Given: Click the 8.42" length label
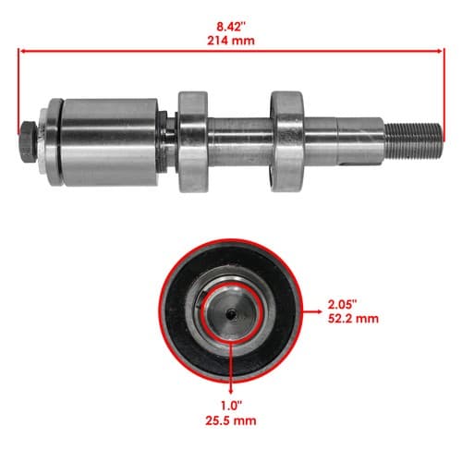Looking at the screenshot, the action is point(231,27).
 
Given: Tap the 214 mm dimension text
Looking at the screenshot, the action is point(231,41).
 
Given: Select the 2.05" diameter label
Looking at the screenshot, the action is point(342,305).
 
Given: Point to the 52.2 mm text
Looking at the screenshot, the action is point(353,319).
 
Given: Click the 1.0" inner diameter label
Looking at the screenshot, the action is point(231,406).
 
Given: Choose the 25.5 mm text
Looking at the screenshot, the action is point(231,420).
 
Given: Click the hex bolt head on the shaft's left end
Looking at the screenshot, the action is point(29,141).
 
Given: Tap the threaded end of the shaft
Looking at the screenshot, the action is point(414,141).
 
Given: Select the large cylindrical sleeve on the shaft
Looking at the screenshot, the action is point(109,142).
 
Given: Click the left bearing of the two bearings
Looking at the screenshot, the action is point(193,141).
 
